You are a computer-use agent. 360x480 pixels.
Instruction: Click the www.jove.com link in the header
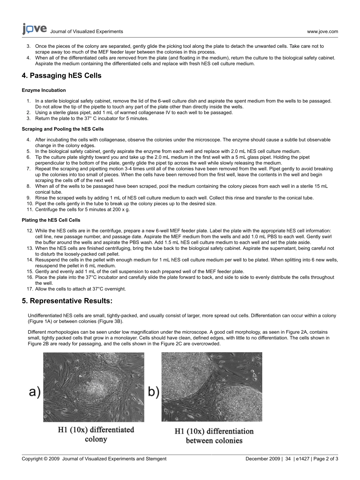322,31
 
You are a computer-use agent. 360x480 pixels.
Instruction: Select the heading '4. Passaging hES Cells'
61,75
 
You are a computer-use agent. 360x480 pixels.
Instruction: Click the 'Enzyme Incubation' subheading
44,90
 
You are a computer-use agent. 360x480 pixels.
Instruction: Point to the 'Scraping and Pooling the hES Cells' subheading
63,129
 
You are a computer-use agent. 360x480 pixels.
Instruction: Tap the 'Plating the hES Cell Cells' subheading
51,220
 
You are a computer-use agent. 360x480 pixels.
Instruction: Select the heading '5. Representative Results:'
67,301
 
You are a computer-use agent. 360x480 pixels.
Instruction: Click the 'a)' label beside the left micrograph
35,392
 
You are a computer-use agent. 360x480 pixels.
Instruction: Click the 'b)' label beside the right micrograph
153,392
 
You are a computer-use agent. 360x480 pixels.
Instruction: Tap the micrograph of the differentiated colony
94,387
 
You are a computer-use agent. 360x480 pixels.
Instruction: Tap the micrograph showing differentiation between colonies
211,387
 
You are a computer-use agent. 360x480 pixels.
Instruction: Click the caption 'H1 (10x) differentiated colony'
96,435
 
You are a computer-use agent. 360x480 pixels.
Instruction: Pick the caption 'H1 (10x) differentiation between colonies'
214,436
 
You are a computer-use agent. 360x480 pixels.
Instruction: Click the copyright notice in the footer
94,459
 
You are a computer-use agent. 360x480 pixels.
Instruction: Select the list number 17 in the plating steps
30,289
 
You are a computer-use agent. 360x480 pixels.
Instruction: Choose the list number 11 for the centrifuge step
30,209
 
